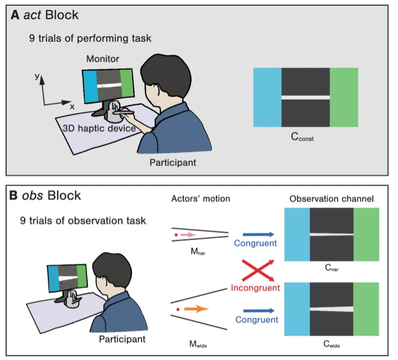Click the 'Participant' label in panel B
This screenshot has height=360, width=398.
(122, 339)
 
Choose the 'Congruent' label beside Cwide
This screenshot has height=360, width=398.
(257, 320)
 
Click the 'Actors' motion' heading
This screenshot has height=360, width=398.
(200, 200)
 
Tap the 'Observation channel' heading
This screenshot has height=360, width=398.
(332, 200)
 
